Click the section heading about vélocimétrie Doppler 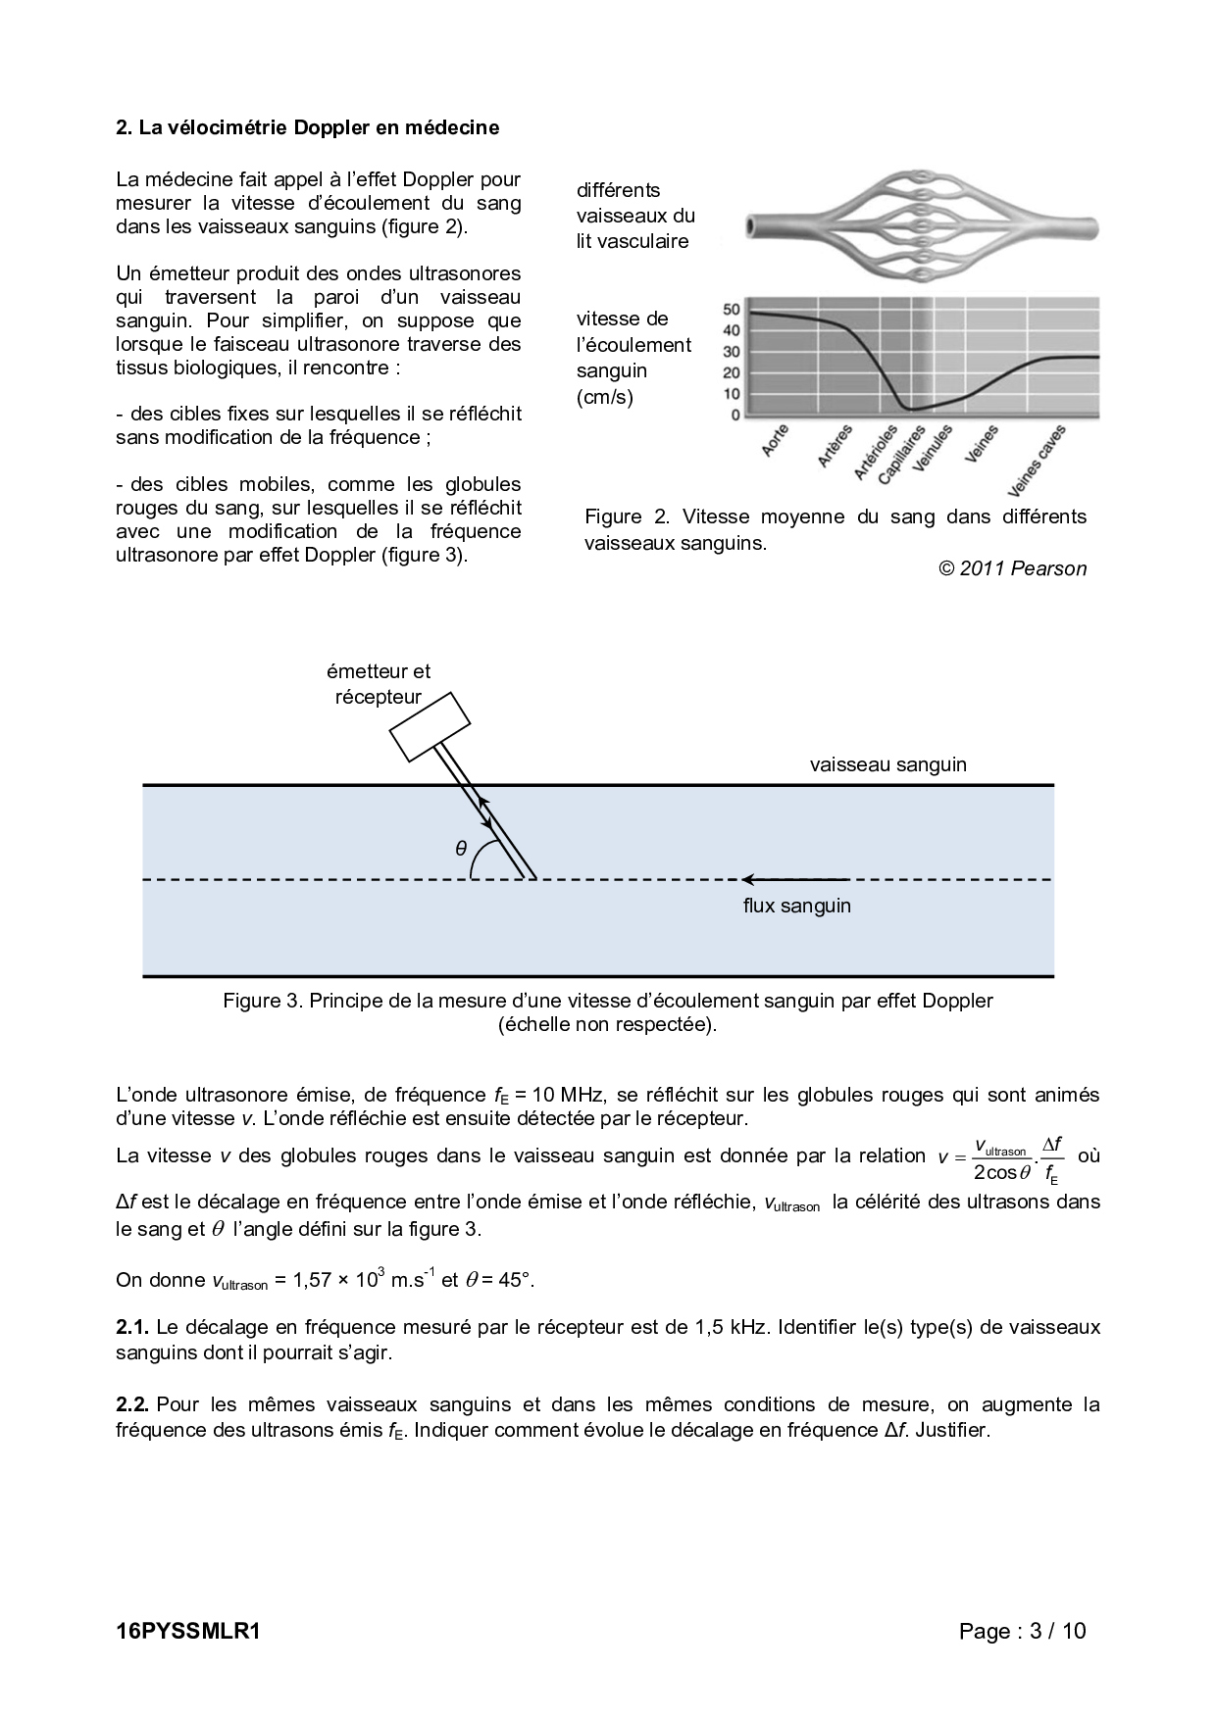pyautogui.click(x=307, y=127)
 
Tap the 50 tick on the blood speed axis pyautogui.click(x=732, y=310)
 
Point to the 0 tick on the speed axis pyautogui.click(x=735, y=416)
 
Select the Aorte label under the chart pyautogui.click(x=776, y=441)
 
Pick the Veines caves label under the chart pyautogui.click(x=1036, y=461)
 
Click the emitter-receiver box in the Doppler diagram pyautogui.click(x=431, y=726)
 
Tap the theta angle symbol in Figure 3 pyautogui.click(x=461, y=849)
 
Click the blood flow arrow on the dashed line pyautogui.click(x=794, y=879)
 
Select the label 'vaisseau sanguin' pyautogui.click(x=887, y=764)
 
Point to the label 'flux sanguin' pyautogui.click(x=796, y=906)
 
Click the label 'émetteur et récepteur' pyautogui.click(x=379, y=684)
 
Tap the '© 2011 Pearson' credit pyautogui.click(x=1012, y=568)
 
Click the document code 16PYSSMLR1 pyautogui.click(x=187, y=1631)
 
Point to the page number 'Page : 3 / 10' pyautogui.click(x=1023, y=1631)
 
